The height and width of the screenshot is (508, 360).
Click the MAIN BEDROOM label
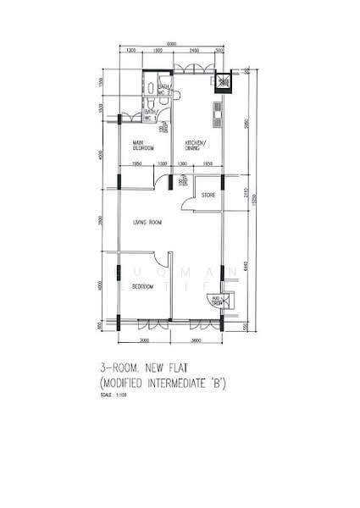click(x=141, y=145)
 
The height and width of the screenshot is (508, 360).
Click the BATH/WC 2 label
click(x=166, y=89)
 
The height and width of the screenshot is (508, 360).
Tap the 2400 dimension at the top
click(x=195, y=52)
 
